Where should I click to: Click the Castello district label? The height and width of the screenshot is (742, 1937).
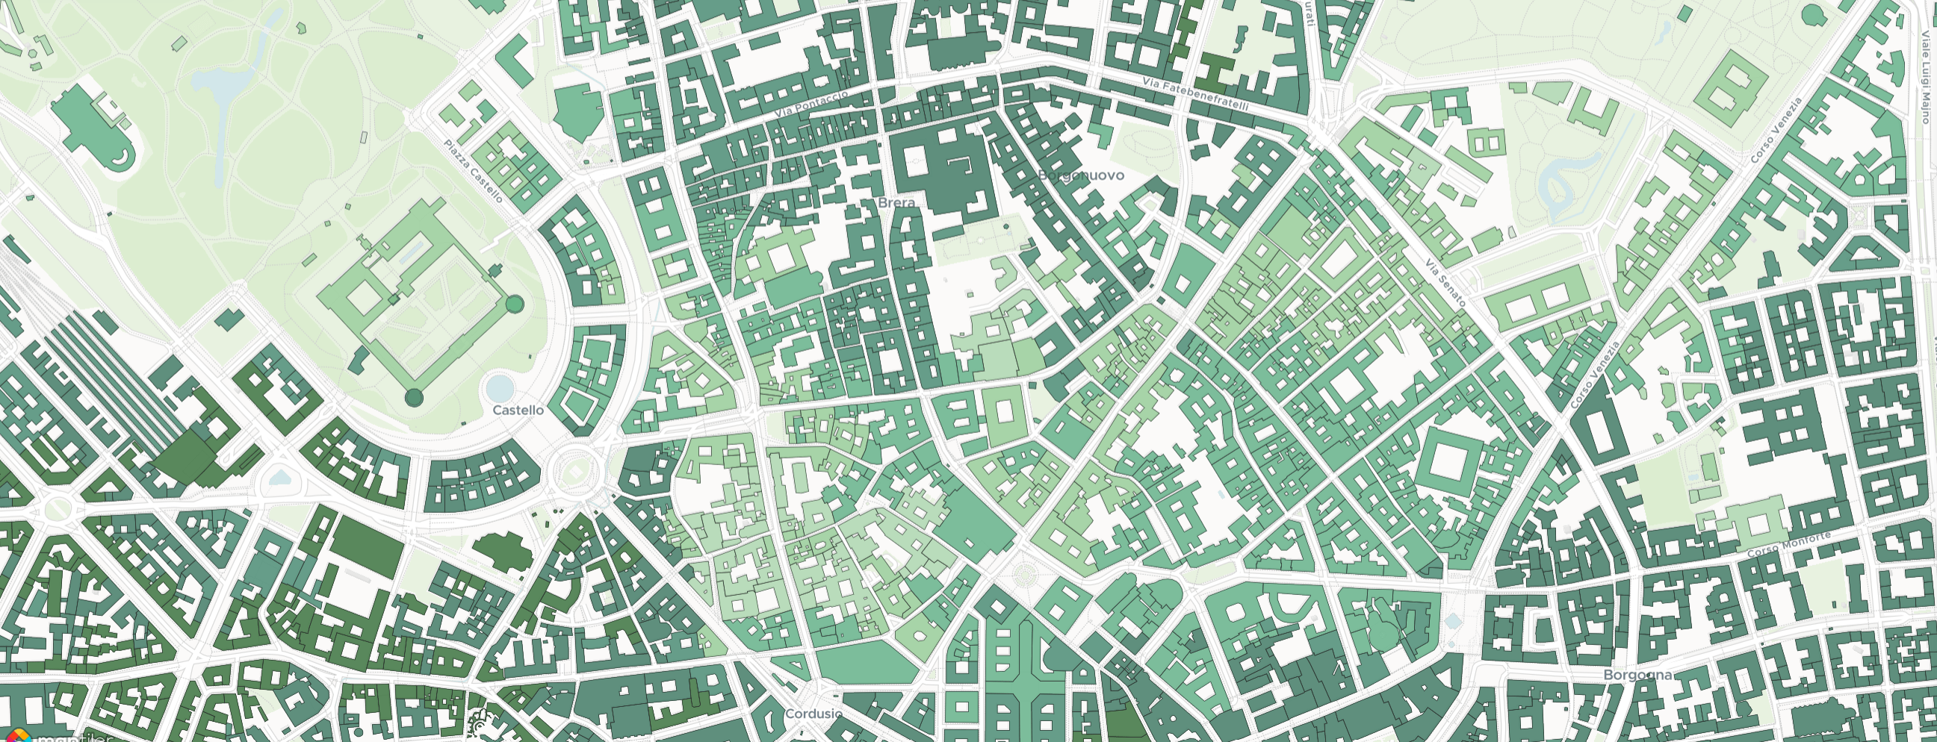[518, 410]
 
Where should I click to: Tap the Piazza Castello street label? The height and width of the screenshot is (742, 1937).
[473, 171]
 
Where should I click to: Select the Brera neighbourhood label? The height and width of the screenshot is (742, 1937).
[896, 202]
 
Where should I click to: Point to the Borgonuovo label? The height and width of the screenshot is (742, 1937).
[1080, 175]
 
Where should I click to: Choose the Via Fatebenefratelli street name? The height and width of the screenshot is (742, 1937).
[1194, 94]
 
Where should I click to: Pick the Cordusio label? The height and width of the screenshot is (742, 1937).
[813, 713]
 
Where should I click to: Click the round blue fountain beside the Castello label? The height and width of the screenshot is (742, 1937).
[499, 389]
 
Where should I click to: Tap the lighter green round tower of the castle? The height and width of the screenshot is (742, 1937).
[515, 304]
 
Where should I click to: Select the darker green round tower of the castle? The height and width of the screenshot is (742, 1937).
[414, 397]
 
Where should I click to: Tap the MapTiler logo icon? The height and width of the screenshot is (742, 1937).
[16, 736]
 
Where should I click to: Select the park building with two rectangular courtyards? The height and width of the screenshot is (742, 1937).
[1534, 306]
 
